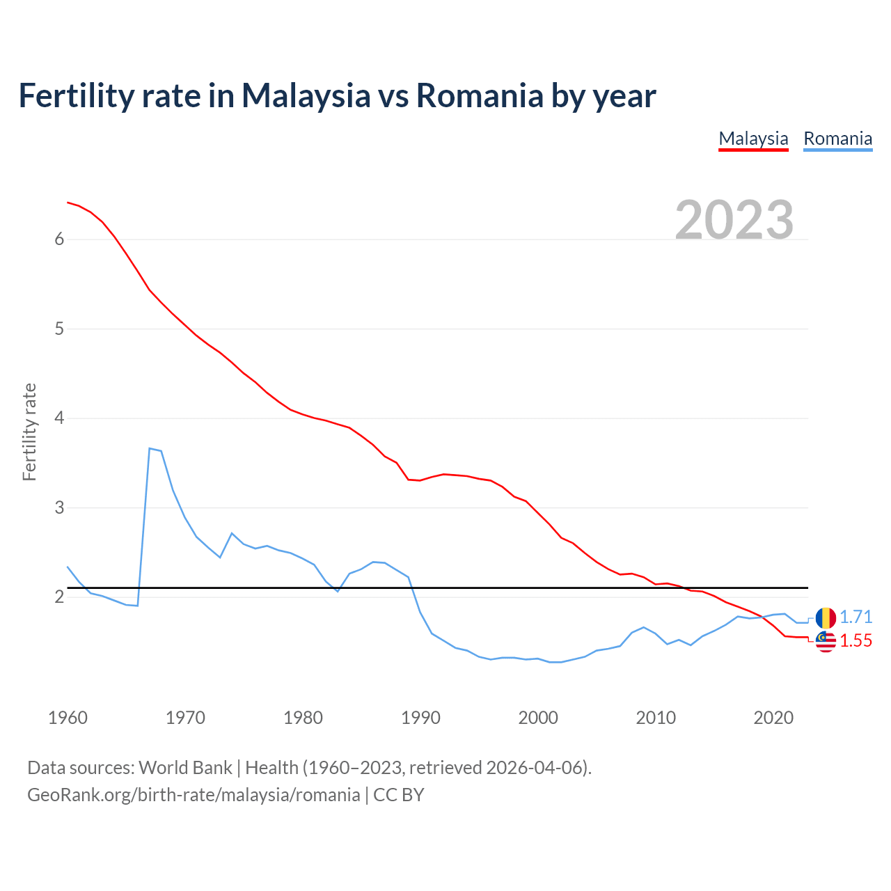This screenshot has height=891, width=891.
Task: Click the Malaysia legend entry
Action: pyautogui.click(x=753, y=139)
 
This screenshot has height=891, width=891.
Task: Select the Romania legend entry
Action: pyautogui.click(x=837, y=139)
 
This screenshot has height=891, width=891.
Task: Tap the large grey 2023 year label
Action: pyautogui.click(x=734, y=220)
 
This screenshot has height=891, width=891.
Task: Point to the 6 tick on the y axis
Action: pyautogui.click(x=59, y=239)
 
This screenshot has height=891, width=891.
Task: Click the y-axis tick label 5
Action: pyautogui.click(x=59, y=329)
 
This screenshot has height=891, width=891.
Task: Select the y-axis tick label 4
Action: pyautogui.click(x=59, y=418)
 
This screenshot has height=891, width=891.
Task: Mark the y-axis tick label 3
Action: pyautogui.click(x=59, y=507)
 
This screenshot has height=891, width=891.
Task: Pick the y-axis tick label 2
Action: pyautogui.click(x=59, y=597)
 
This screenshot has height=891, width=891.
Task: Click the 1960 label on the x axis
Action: pyautogui.click(x=68, y=718)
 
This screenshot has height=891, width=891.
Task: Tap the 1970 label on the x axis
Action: pyautogui.click(x=185, y=718)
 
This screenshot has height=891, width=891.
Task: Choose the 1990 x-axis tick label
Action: pyautogui.click(x=420, y=718)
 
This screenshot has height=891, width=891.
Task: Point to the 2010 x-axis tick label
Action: pyautogui.click(x=656, y=718)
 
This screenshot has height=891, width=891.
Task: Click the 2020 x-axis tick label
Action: pyautogui.click(x=773, y=718)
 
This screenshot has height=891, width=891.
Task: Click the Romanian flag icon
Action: pyautogui.click(x=826, y=617)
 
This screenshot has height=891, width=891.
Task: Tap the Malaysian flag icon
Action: pyautogui.click(x=826, y=642)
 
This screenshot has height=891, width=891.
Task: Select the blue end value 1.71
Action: pyautogui.click(x=855, y=617)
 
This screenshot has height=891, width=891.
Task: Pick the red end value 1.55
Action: pyautogui.click(x=855, y=641)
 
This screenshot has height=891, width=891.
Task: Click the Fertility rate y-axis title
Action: pyautogui.click(x=29, y=432)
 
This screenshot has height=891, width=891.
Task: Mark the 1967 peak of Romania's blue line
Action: pyautogui.click(x=150, y=448)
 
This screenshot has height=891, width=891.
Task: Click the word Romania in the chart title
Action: pyautogui.click(x=479, y=96)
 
